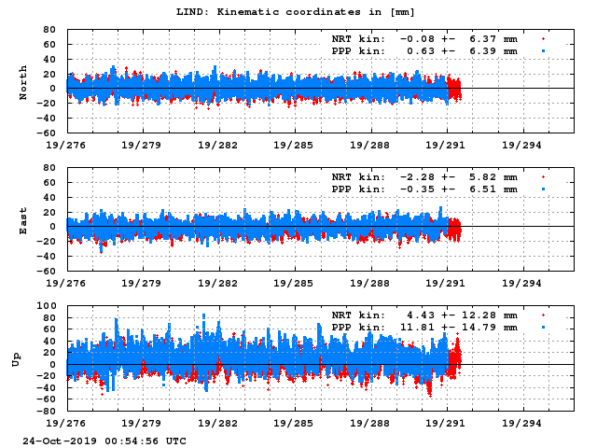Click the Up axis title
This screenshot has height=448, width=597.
point(16,358)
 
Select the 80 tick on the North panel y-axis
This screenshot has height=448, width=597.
point(48,29)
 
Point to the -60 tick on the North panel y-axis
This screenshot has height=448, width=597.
point(45,133)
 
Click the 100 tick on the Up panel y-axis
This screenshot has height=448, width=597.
point(45,305)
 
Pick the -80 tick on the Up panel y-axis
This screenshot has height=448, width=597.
point(45,411)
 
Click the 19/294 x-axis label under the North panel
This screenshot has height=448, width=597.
point(525,146)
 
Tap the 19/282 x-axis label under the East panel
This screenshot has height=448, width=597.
point(217,284)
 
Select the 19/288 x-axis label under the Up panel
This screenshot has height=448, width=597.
point(371,423)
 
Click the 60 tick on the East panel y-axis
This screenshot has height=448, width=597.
point(48,182)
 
